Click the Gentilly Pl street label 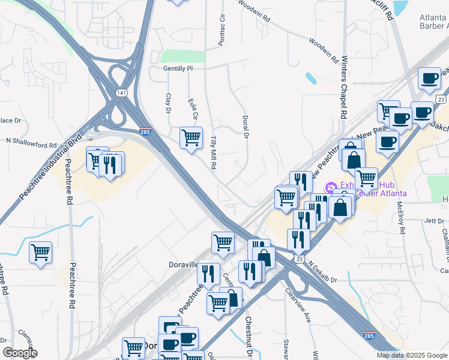pos(178,68)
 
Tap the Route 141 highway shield pos(122,93)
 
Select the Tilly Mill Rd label pos(213,153)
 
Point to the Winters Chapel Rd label pos(345,88)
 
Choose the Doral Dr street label pos(245,127)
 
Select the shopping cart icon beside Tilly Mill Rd pos(191,137)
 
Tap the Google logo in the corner pos(19,353)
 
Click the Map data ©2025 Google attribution pos(411,355)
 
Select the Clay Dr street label pos(168,103)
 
